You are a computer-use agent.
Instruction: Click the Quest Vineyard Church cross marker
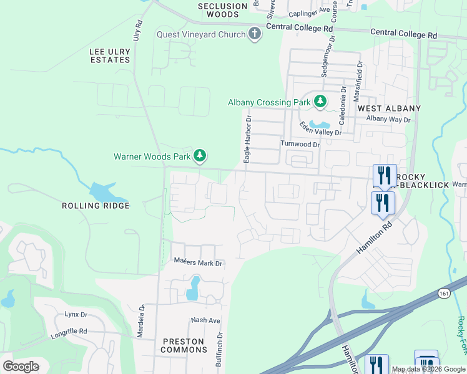pyautogui.click(x=254, y=34)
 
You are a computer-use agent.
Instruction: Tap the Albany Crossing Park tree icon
pyautogui.click(x=320, y=101)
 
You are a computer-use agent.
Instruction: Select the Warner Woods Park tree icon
pyautogui.click(x=199, y=156)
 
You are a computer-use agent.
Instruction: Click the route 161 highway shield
pyautogui.click(x=443, y=292)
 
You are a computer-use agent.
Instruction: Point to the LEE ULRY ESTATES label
pyautogui.click(x=110, y=55)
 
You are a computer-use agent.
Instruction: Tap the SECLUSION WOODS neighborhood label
pyautogui.click(x=223, y=9)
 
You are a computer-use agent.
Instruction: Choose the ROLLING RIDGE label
pyautogui.click(x=96, y=206)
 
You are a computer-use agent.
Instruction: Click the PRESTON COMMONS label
pyautogui.click(x=184, y=345)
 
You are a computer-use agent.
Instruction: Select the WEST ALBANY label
pyautogui.click(x=389, y=108)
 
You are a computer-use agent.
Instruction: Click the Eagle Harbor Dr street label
pyautogui.click(x=248, y=139)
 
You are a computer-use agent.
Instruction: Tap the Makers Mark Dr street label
pyautogui.click(x=198, y=263)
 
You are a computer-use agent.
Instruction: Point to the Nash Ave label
pyautogui.click(x=206, y=320)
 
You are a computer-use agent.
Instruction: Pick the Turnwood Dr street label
pyautogui.click(x=300, y=144)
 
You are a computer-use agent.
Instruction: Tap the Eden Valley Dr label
pyautogui.click(x=320, y=128)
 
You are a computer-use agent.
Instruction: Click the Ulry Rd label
pyautogui.click(x=139, y=31)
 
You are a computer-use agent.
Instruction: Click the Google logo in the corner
pyautogui.click(x=21, y=367)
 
